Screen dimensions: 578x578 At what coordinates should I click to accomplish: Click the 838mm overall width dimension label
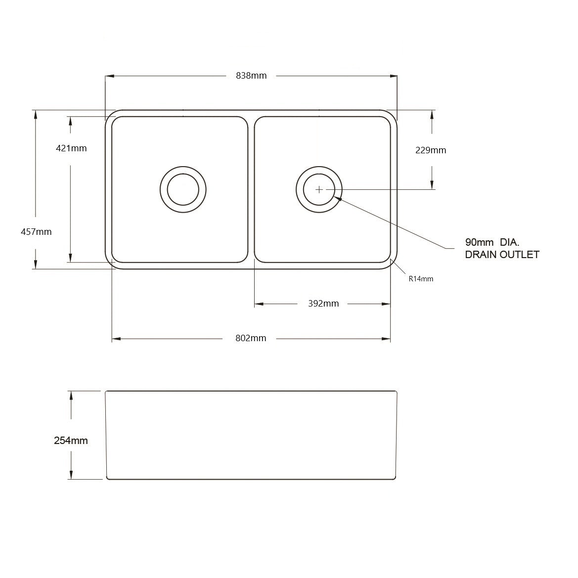pos(251,76)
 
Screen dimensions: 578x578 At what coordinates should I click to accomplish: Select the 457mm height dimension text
pos(36,232)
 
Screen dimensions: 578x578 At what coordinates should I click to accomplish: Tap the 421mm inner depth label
pos(71,148)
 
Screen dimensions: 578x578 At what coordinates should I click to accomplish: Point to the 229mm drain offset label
pos(431,150)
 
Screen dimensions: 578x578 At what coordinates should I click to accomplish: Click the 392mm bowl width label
pos(323,304)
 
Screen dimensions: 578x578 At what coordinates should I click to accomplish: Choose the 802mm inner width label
pos(251,338)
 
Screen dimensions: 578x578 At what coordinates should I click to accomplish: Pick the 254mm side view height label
pos(71,441)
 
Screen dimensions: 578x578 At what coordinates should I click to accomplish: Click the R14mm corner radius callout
pos(421,279)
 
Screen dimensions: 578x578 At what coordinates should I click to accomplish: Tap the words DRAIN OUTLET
pos(502,255)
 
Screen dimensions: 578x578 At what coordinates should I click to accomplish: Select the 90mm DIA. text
pos(492,242)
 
